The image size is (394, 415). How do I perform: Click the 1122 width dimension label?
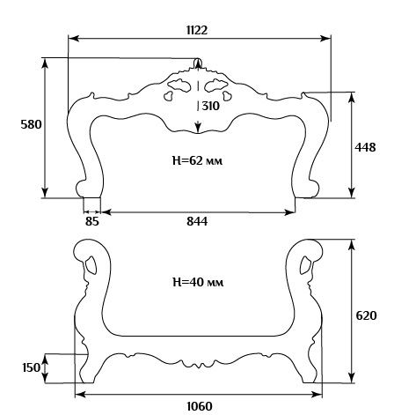coord(197,30)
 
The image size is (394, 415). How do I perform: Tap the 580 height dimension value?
coord(31,124)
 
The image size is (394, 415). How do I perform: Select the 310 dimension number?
coord(210,106)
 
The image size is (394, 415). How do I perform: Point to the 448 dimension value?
coord(365,147)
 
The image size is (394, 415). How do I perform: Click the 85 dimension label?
coord(92,221)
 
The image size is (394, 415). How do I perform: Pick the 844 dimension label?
coord(197,221)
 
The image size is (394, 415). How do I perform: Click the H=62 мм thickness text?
coord(197,160)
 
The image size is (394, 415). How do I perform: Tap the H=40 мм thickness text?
coord(198,282)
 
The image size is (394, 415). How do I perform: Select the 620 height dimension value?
coord(366,315)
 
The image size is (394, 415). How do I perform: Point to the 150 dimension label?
coord(31,367)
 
